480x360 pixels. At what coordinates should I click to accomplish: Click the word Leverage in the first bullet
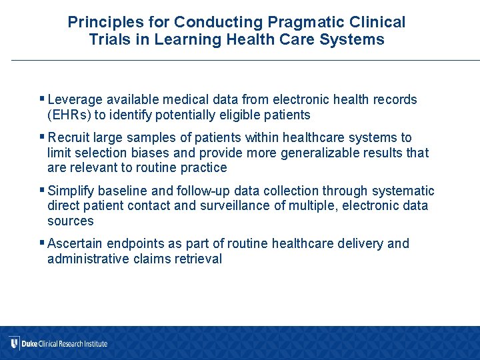[75, 100]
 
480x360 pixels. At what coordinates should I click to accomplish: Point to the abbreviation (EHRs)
[68, 115]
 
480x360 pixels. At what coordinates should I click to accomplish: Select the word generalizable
[313, 153]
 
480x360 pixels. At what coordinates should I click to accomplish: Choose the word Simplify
[73, 191]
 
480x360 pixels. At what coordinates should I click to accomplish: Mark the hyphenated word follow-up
[199, 191]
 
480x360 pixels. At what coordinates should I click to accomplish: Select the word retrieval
[197, 259]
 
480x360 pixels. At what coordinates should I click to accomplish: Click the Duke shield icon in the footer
[13, 343]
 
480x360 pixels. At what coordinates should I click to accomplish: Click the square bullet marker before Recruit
[43, 137]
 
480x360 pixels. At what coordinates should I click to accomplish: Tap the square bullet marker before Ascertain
[43, 243]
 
